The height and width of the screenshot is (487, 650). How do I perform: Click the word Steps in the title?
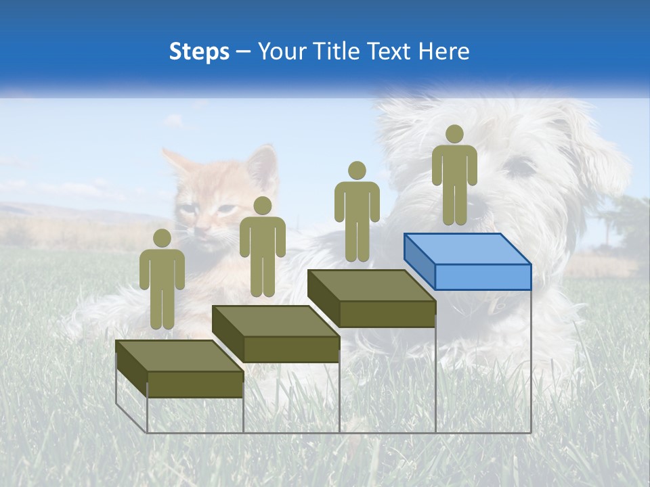coord(199,52)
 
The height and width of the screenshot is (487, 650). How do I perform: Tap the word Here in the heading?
coord(445,52)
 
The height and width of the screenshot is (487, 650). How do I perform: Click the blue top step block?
coord(467,261)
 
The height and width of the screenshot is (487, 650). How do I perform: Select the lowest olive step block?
coord(179,368)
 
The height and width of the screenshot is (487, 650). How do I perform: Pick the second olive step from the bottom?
coord(275,333)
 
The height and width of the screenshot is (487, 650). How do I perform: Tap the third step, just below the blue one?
coord(371,298)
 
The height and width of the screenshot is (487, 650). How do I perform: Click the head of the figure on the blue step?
coord(454,134)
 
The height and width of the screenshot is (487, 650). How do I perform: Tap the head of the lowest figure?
coord(162,238)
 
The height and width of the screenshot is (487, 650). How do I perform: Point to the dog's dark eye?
coord(522,166)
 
